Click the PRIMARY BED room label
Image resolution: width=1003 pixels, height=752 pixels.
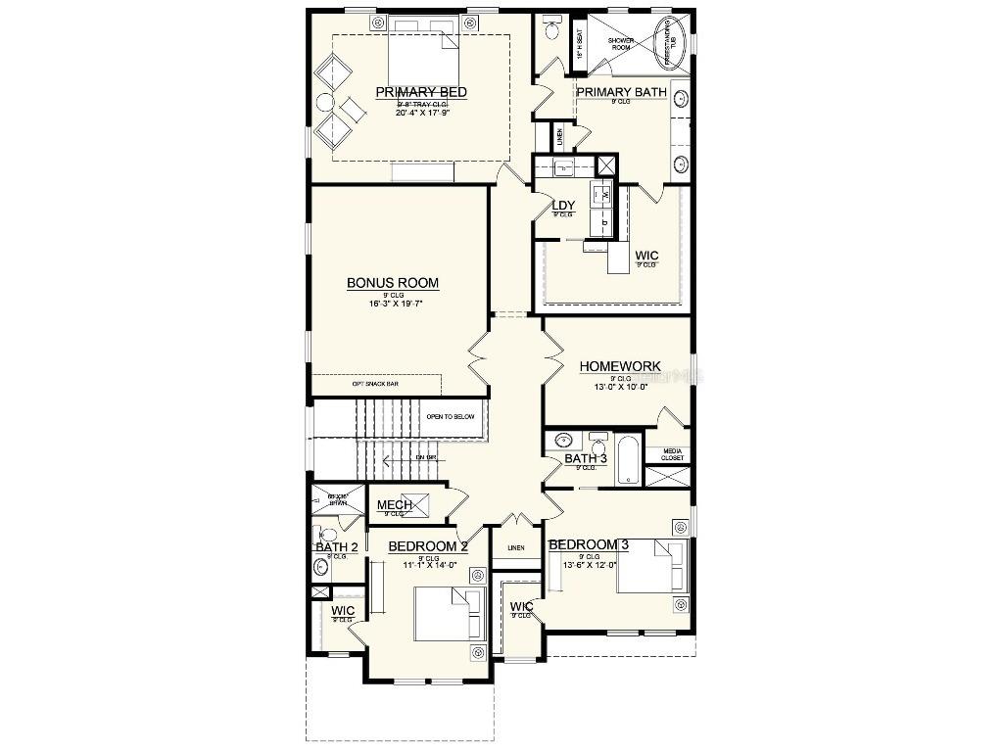click(421, 92)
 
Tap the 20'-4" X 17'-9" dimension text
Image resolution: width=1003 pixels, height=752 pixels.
click(421, 113)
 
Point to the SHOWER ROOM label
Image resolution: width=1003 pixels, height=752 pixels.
click(622, 44)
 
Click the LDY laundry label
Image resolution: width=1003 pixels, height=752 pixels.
click(563, 206)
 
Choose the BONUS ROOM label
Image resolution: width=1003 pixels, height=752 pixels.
click(393, 283)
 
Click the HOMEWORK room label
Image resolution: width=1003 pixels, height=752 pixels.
click(620, 366)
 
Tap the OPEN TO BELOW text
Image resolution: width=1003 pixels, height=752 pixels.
click(450, 417)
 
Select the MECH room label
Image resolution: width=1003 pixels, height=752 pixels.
click(395, 505)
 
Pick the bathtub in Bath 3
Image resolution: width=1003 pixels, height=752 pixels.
click(629, 460)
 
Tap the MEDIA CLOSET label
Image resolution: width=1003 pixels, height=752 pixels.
click(672, 453)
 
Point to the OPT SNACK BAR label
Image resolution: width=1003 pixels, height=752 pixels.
click(375, 384)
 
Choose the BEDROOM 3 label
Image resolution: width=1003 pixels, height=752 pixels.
click(588, 544)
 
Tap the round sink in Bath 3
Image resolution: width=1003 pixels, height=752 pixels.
click(563, 440)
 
